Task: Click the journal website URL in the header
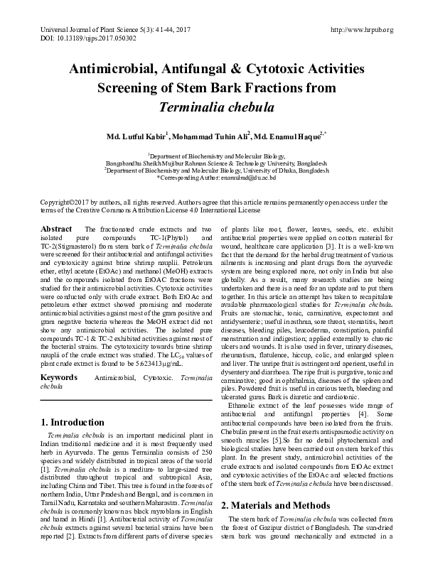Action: pyautogui.click(x=363, y=29)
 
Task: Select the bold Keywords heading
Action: pyautogui.click(x=59, y=377)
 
